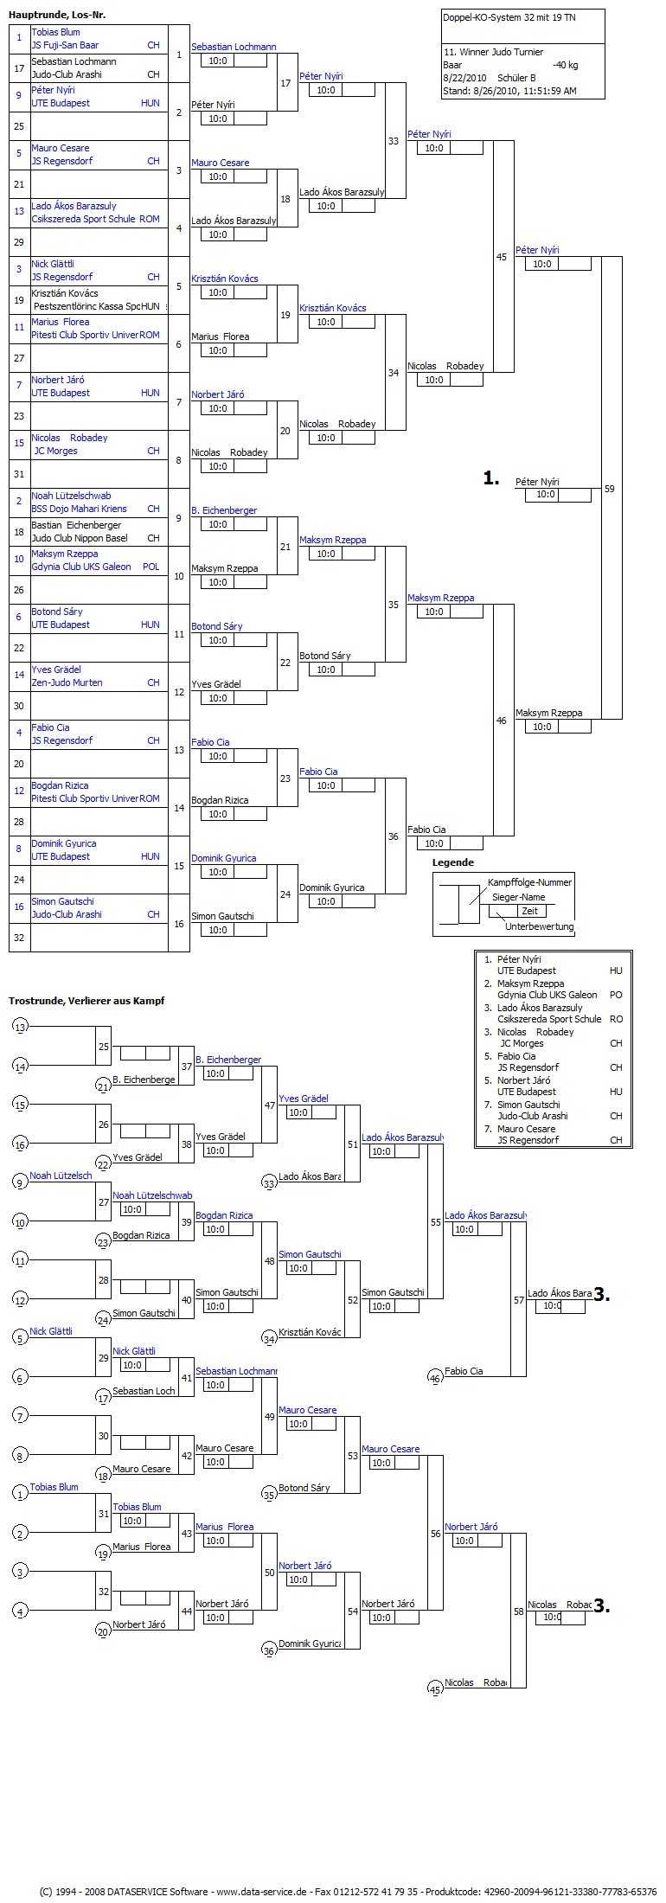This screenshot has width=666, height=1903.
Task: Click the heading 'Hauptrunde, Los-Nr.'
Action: coord(57,16)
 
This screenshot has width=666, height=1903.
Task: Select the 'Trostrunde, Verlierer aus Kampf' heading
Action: coord(86,1001)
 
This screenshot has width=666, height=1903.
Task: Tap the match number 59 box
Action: coord(610,489)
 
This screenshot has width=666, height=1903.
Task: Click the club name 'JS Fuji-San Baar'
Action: coord(65,45)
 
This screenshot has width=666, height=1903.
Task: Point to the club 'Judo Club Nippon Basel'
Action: coord(79,538)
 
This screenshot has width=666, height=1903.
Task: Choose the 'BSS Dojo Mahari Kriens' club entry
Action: coord(79,509)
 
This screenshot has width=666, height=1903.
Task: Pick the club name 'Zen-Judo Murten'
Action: coord(67,682)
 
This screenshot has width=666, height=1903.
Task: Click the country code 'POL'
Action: coord(151,567)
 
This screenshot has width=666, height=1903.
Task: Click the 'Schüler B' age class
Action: coord(516,78)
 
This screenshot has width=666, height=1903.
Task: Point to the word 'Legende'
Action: coord(452,862)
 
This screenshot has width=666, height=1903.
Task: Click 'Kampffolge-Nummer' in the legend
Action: coord(529,882)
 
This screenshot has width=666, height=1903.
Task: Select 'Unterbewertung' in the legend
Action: coord(539,926)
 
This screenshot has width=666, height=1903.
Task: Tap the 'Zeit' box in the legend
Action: coord(529,911)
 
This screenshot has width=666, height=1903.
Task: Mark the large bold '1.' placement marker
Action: coord(491,478)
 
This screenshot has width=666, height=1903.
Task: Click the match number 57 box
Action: coord(519,1300)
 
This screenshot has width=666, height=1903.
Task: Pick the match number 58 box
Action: coord(519,1611)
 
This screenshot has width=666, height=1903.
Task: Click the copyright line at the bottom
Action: coord(347,1892)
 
